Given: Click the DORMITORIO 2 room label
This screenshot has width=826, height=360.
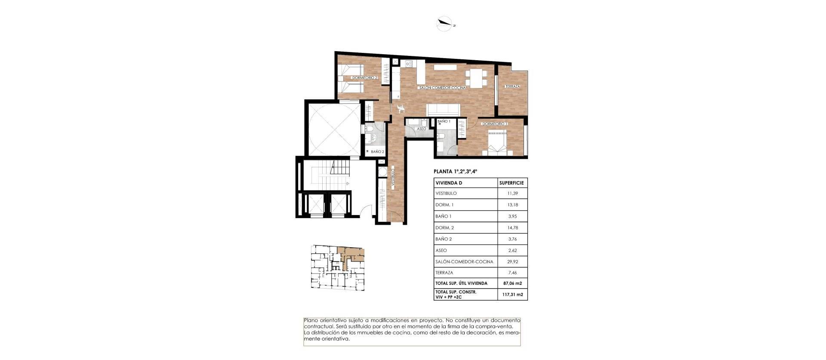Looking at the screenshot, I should coord(364,78).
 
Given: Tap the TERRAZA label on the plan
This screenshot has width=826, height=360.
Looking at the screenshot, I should coord(512,86).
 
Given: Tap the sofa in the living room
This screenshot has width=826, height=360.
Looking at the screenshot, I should coord(444,109).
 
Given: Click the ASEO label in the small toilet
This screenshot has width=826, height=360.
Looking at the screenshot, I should coord(422,129).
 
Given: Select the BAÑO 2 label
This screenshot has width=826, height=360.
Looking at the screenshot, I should coord(377,151).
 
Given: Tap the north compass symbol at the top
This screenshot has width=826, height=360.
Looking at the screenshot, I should coord(444,24).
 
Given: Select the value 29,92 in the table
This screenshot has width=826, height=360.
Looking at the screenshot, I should coord(512,262).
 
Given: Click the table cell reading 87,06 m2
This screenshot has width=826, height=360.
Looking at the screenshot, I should coord(512,283).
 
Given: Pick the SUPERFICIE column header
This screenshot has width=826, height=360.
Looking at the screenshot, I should coord(512,183).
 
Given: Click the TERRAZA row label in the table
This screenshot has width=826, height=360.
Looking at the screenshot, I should coord(444,273).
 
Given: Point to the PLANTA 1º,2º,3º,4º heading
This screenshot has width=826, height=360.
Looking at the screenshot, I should coord(456,171).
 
